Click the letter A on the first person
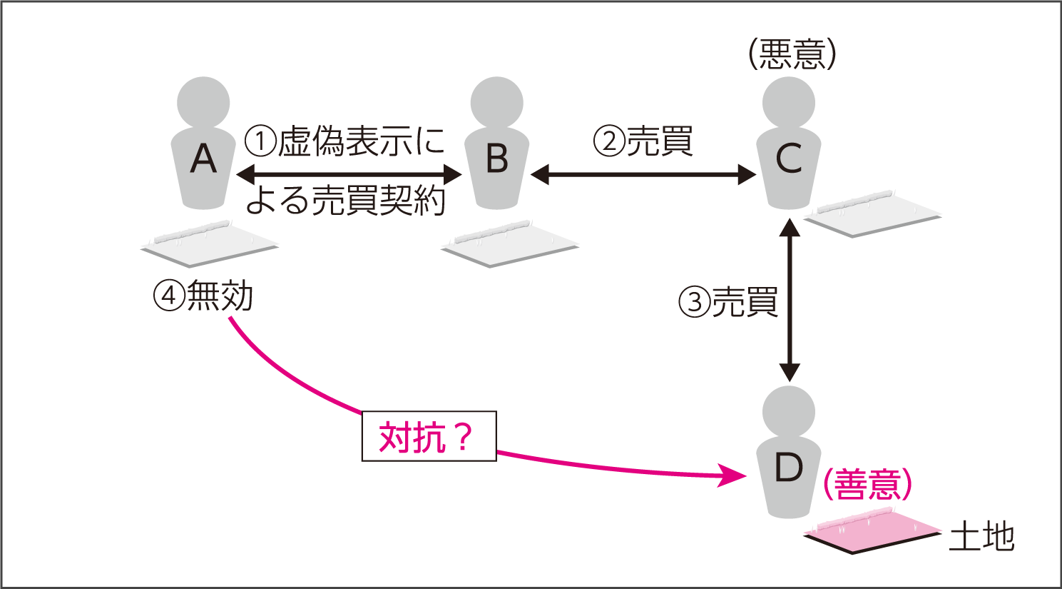pyautogui.click(x=203, y=158)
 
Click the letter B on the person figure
pyautogui.click(x=496, y=158)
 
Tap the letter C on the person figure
pyautogui.click(x=789, y=158)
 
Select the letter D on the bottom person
pyautogui.click(x=789, y=468)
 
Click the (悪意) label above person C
pyautogui.click(x=792, y=54)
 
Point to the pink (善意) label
pyautogui.click(x=867, y=484)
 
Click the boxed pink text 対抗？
pyautogui.click(x=429, y=436)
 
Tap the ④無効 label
pyautogui.click(x=204, y=296)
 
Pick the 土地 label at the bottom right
pyautogui.click(x=981, y=536)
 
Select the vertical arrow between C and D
pyautogui.click(x=789, y=300)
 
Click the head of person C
pyautogui.click(x=789, y=102)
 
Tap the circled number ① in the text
pyautogui.click(x=260, y=141)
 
